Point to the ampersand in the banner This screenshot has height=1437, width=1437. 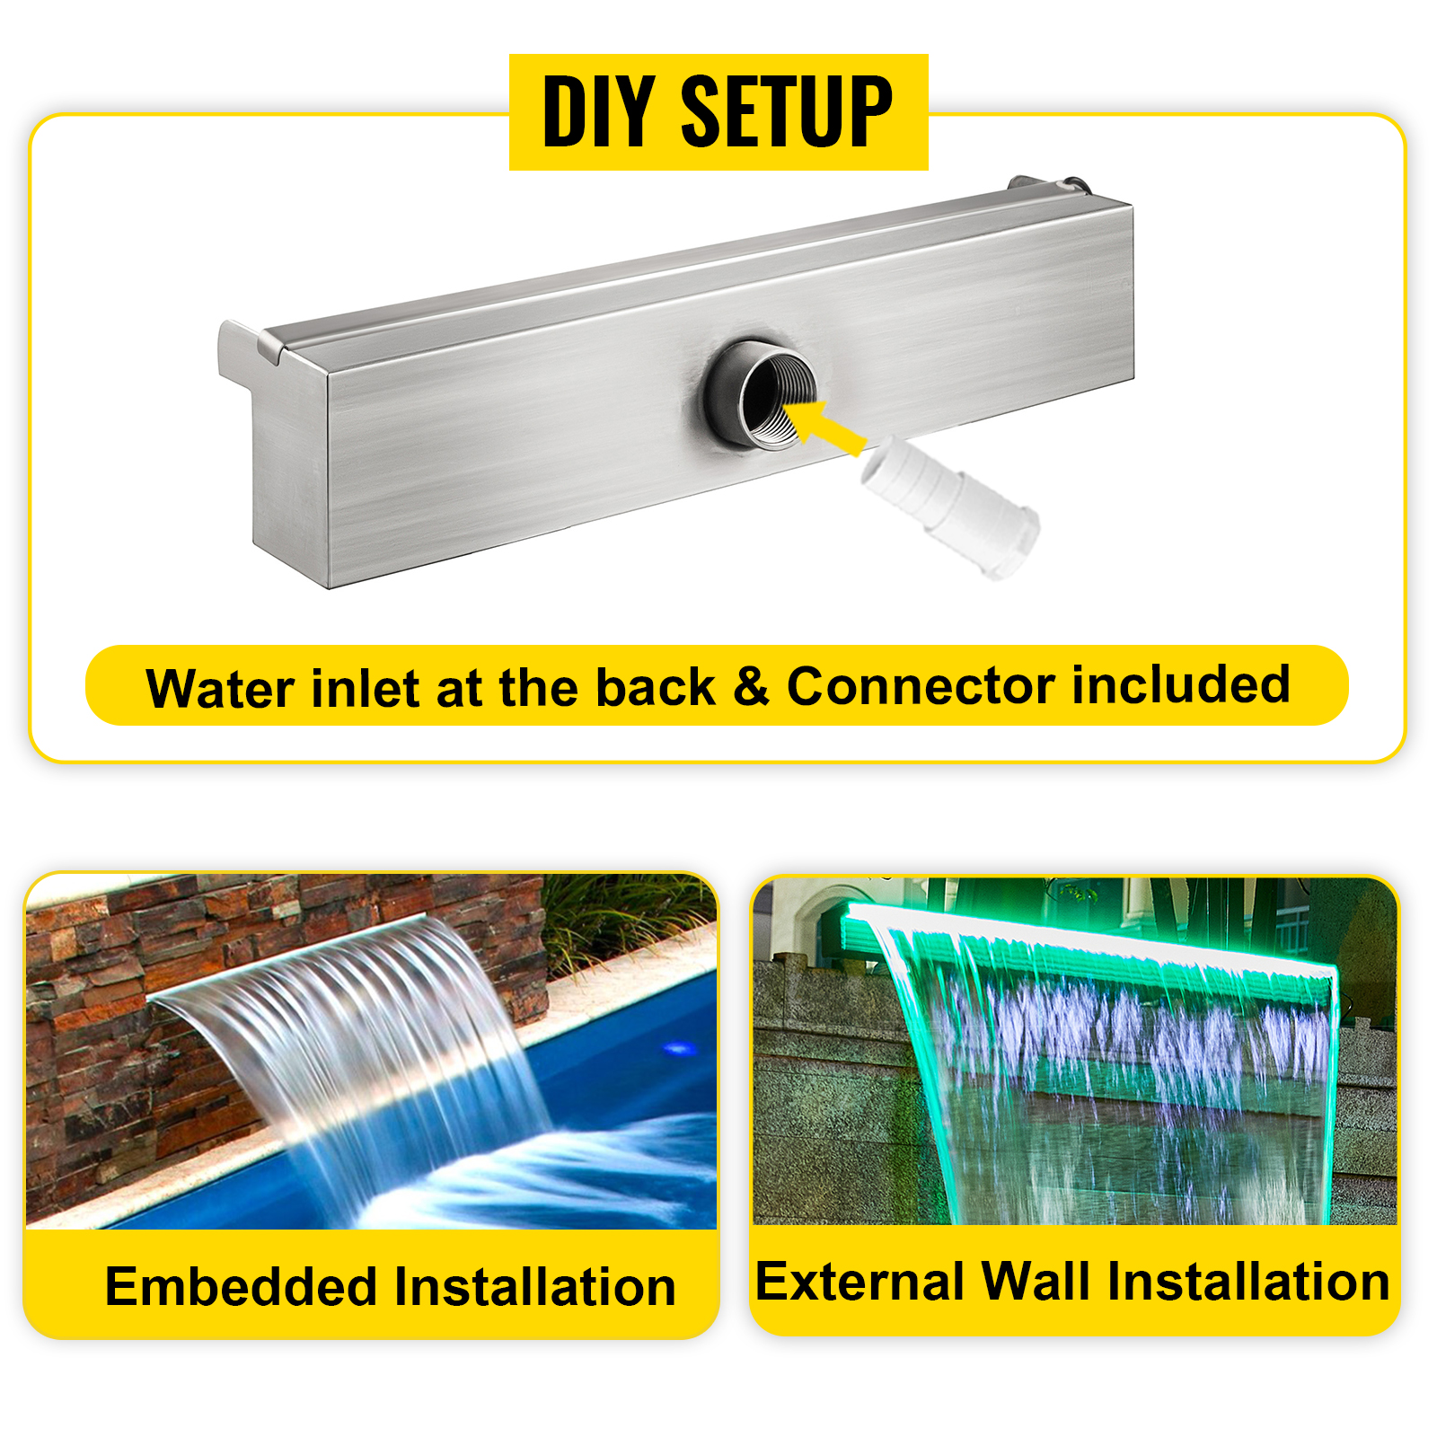pyautogui.click(x=751, y=687)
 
